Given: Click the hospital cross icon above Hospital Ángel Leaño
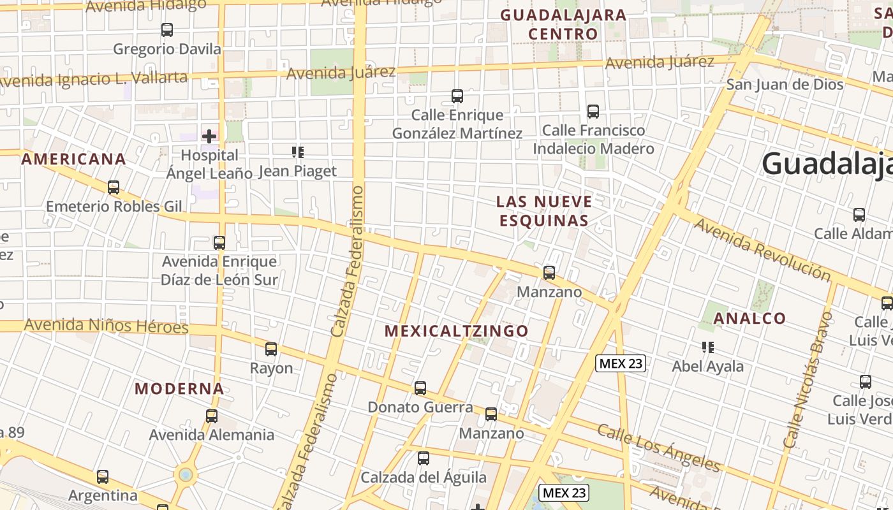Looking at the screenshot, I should pyautogui.click(x=209, y=136).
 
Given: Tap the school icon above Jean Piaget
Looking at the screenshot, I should pyautogui.click(x=298, y=152).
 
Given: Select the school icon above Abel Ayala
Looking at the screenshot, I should pyautogui.click(x=707, y=347).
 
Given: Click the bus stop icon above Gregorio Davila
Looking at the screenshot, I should pyautogui.click(x=167, y=30).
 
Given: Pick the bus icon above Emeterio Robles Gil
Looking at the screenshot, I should pyautogui.click(x=114, y=187).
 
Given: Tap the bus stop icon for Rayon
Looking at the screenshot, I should pyautogui.click(x=271, y=349).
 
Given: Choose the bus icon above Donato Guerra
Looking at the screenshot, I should pyautogui.click(x=420, y=388).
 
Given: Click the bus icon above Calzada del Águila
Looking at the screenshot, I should pyautogui.click(x=424, y=458).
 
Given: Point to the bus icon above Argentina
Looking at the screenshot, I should pyautogui.click(x=103, y=477).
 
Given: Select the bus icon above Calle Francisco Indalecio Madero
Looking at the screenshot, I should pyautogui.click(x=593, y=112).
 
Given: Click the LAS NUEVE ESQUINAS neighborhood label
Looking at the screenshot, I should pyautogui.click(x=544, y=211).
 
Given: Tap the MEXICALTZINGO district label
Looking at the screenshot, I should pyautogui.click(x=457, y=331).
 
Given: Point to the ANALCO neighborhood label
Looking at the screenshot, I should pyautogui.click(x=749, y=318).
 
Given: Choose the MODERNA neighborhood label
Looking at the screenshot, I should pyautogui.click(x=179, y=388).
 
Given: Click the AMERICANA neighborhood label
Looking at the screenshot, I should pyautogui.click(x=73, y=159).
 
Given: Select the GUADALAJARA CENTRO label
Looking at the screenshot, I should pyautogui.click(x=563, y=24).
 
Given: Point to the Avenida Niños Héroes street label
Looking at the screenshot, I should pyautogui.click(x=107, y=326).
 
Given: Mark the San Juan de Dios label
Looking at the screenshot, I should pyautogui.click(x=793, y=84).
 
